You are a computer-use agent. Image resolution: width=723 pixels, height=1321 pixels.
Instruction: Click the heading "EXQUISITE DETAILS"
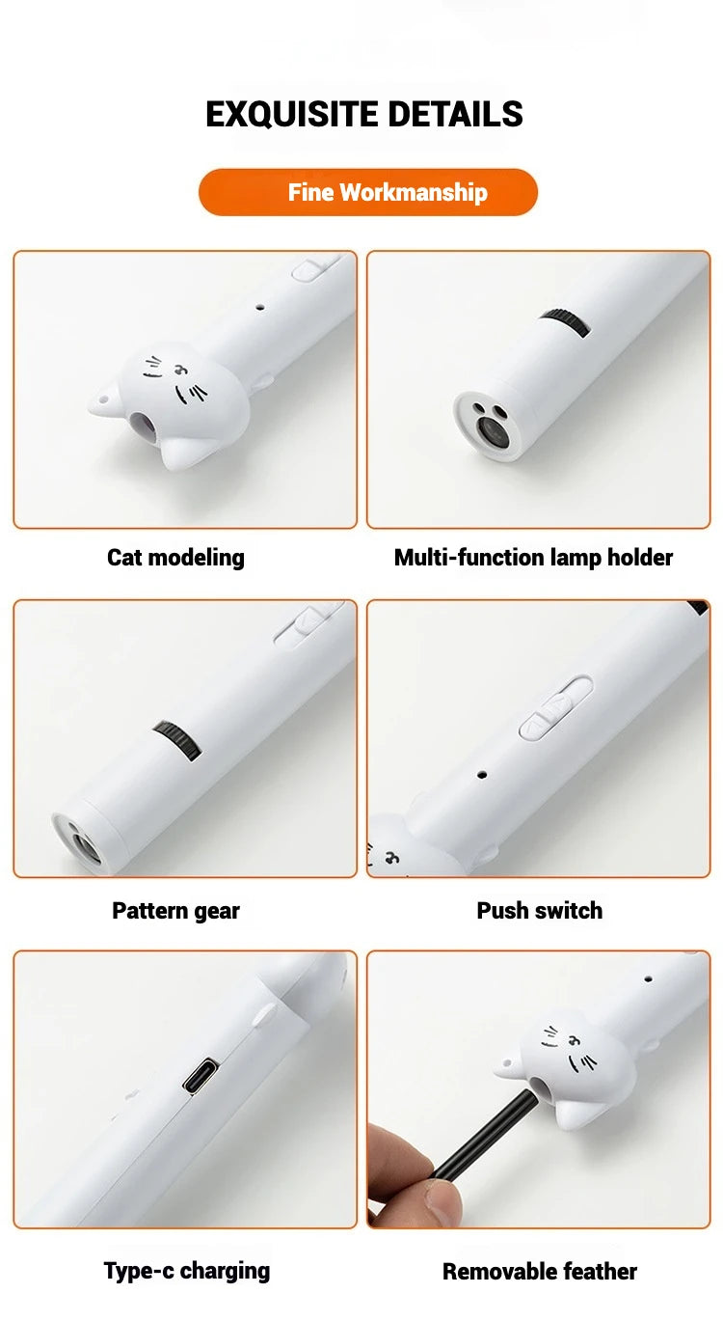pos(363,114)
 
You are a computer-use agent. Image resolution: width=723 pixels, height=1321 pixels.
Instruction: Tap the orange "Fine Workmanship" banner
pos(367,192)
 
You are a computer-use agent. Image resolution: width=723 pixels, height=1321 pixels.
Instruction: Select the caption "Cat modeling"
pos(175,557)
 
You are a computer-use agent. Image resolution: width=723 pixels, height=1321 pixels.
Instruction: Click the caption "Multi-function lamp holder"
pos(533,557)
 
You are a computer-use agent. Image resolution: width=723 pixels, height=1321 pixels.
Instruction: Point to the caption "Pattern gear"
pos(175,910)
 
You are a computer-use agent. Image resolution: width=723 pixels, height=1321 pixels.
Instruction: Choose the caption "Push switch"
pos(539,910)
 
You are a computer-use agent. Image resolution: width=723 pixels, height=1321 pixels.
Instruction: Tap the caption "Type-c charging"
pos(187,1271)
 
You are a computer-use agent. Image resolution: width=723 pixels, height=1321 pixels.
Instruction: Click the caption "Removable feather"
pos(539,1272)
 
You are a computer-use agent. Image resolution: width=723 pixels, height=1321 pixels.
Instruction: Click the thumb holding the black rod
pos(439,1202)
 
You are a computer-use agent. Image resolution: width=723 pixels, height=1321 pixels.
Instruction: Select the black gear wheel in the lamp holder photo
pos(565,323)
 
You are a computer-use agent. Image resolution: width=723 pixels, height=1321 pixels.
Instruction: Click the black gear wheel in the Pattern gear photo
pos(177,740)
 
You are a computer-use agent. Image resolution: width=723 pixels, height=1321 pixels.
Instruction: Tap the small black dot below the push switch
pos(482,774)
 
